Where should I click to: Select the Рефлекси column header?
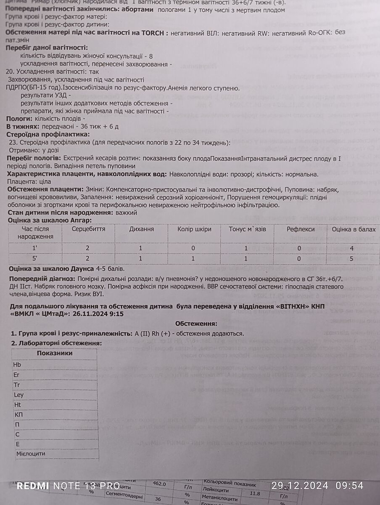tap(301, 229)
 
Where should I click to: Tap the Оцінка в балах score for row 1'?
tap(352, 248)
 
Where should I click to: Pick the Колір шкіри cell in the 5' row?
tap(193, 258)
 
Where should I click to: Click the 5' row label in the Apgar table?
tap(35, 258)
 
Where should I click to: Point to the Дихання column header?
tap(141, 229)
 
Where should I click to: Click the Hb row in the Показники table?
tap(17, 364)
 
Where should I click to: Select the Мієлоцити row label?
tap(31, 454)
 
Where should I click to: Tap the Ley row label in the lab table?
tap(19, 395)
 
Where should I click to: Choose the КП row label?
tap(18, 415)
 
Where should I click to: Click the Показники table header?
tap(55, 353)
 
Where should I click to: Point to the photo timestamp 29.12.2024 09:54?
tap(317, 486)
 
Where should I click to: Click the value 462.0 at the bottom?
tap(159, 484)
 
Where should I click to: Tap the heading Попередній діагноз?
tap(40, 279)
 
